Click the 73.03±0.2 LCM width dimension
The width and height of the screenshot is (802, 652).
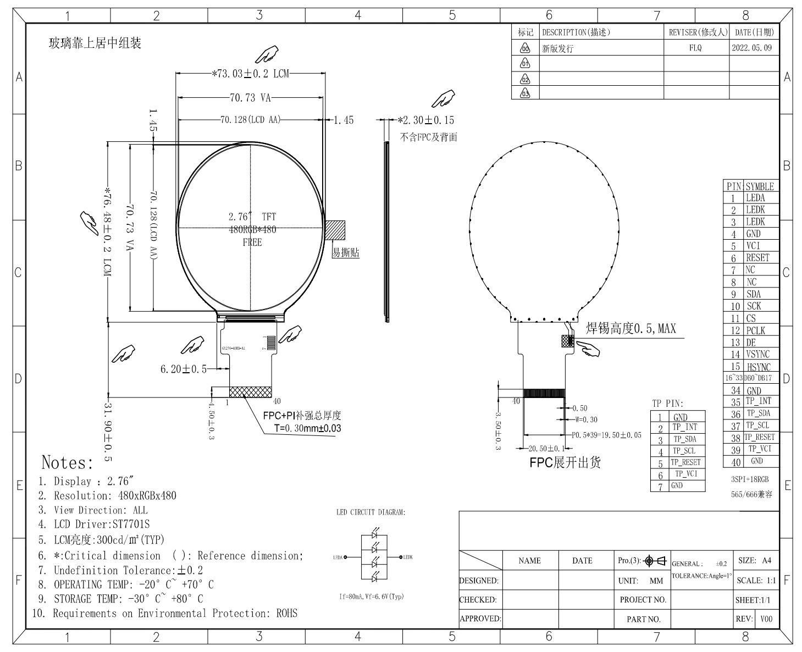tap(250, 73)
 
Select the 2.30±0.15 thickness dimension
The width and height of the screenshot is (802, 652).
tap(426, 120)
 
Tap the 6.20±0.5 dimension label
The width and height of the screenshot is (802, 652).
tap(183, 369)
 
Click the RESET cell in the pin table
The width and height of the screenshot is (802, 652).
tap(757, 258)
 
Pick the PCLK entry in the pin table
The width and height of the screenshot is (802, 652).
tap(755, 330)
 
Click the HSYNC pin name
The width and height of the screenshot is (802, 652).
tap(759, 367)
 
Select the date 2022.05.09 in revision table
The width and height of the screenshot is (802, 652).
tap(751, 48)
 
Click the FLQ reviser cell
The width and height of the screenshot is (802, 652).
tap(695, 48)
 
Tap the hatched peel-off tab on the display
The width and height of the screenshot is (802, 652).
tap(335, 230)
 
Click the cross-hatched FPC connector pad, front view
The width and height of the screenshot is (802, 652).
tap(250, 392)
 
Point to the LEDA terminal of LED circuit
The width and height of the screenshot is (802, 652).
tap(341, 557)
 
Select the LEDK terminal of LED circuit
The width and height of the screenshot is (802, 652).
tap(407, 557)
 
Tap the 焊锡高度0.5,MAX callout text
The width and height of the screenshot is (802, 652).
tap(630, 329)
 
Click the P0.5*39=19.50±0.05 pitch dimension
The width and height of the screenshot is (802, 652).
tap(606, 434)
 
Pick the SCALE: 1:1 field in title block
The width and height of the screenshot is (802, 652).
tap(756, 581)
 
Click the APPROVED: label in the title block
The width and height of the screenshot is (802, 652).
tap(480, 618)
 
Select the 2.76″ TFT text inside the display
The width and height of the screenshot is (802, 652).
tap(252, 217)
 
